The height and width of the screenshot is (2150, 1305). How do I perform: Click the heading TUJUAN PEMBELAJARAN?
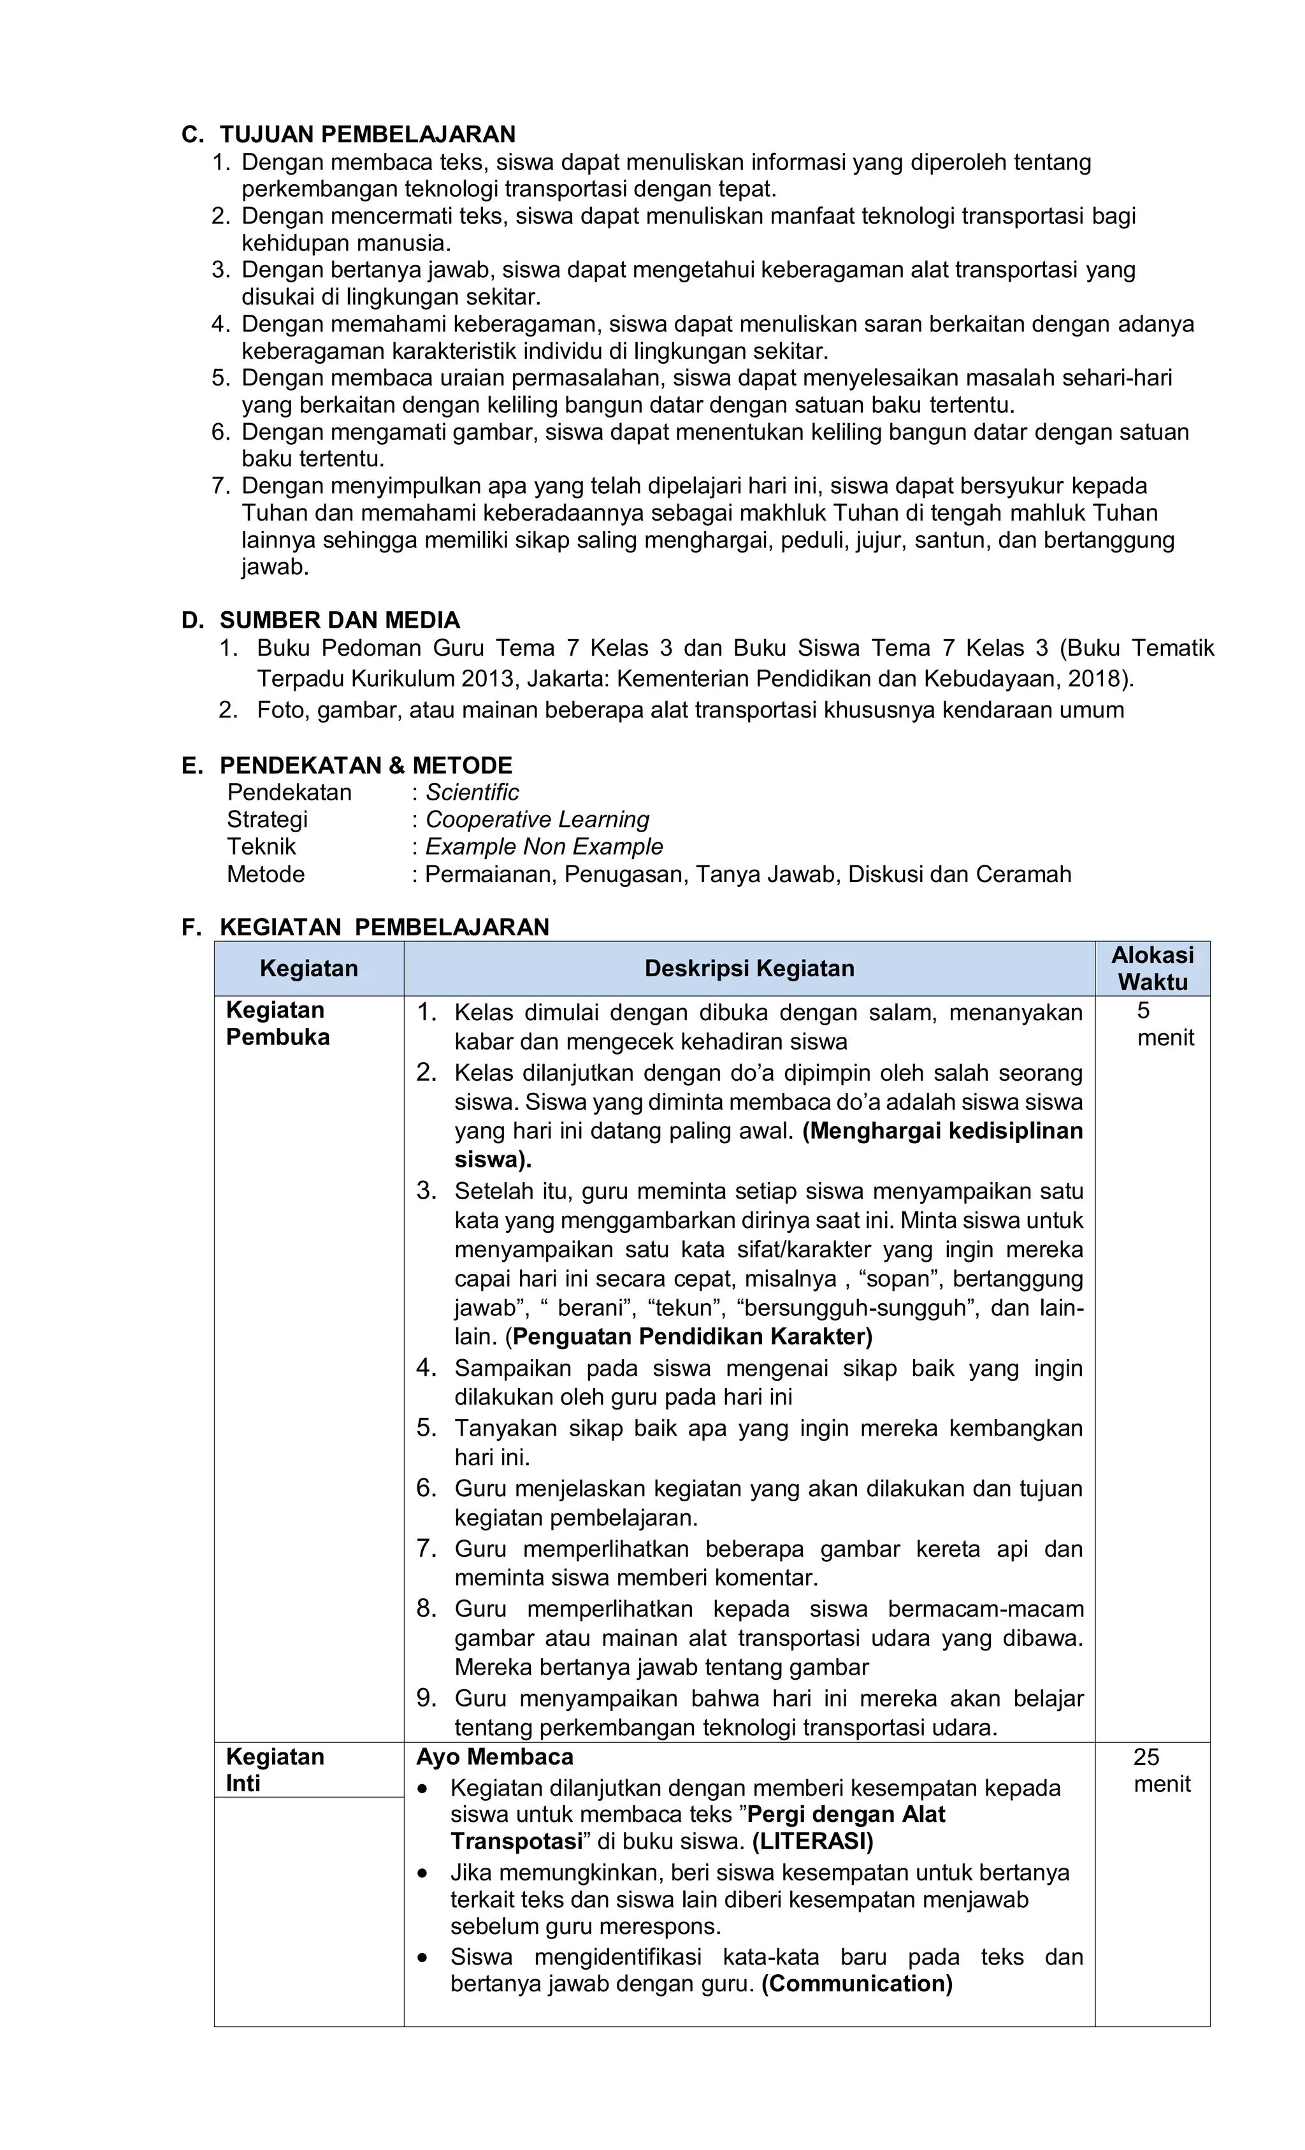pyautogui.click(x=367, y=134)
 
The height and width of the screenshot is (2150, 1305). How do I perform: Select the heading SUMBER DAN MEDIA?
pyautogui.click(x=340, y=621)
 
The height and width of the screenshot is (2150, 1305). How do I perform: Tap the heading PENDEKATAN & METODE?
pyautogui.click(x=366, y=765)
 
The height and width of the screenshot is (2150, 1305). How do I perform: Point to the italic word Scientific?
pyautogui.click(x=472, y=792)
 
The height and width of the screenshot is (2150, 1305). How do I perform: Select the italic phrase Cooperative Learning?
pyautogui.click(x=537, y=819)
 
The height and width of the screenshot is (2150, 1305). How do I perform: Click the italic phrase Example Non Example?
pyautogui.click(x=544, y=846)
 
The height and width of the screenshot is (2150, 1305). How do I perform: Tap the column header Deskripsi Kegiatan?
pyautogui.click(x=749, y=969)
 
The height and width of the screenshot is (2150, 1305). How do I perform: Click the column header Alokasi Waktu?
pyautogui.click(x=1151, y=969)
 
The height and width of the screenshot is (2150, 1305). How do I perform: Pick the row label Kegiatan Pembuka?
pyautogui.click(x=277, y=1023)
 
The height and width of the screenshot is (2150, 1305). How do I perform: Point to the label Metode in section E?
pyautogui.click(x=266, y=874)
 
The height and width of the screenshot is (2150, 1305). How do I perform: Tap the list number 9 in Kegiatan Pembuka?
pyautogui.click(x=426, y=1699)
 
